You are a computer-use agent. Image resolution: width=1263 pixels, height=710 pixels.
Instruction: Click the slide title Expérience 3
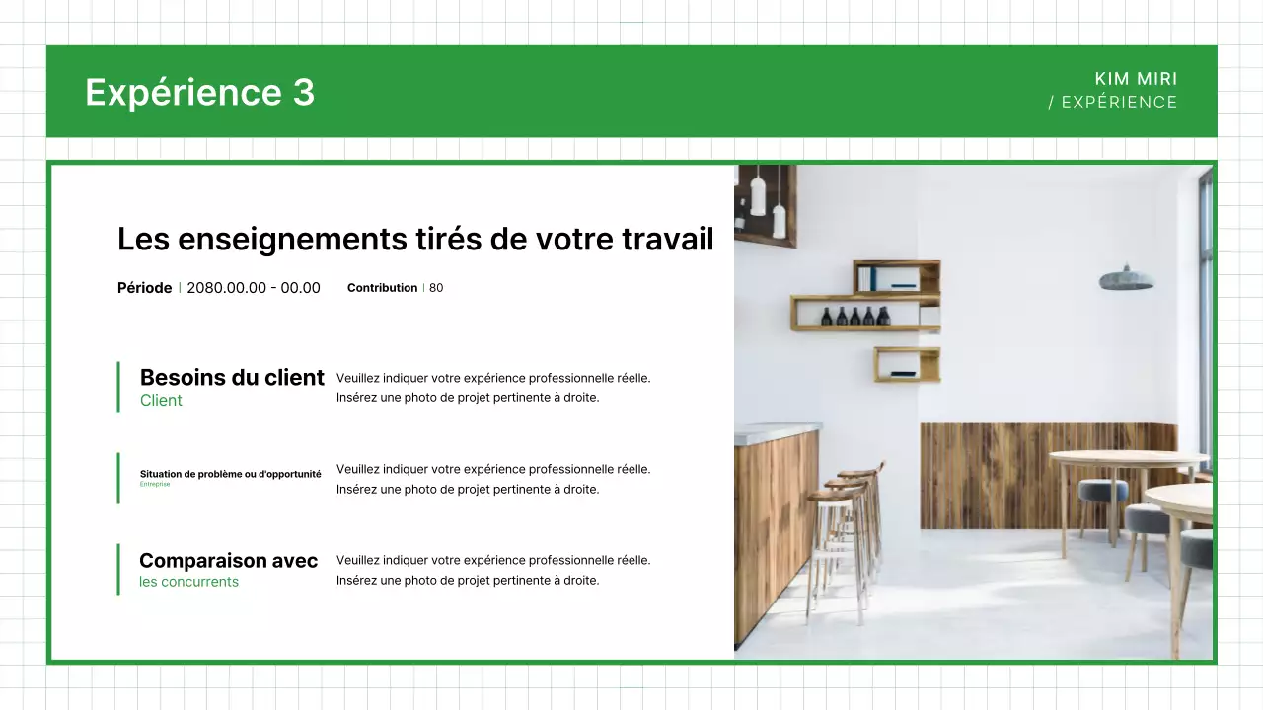coord(199,92)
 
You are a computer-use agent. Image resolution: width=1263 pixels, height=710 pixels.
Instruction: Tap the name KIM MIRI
coord(1136,79)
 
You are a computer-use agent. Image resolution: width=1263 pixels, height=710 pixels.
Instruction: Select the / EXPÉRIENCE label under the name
coord(1112,103)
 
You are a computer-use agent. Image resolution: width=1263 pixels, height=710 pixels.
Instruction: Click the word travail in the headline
coord(667,239)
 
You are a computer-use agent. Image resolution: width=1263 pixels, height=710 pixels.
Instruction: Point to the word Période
coord(144,288)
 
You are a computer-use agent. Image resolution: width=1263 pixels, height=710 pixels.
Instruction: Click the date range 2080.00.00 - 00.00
coord(254,288)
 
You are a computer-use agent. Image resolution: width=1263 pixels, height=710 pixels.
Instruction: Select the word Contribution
coord(382,288)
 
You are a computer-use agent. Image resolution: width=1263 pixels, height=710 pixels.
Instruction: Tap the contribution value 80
coord(436,288)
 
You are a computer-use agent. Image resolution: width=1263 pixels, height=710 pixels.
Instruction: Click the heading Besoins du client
coord(232,378)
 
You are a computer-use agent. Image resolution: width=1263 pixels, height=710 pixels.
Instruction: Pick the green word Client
coord(161,400)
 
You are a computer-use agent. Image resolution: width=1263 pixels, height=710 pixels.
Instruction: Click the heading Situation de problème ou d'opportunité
coord(230,474)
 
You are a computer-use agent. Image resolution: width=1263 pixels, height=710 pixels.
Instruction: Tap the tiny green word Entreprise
coord(155,484)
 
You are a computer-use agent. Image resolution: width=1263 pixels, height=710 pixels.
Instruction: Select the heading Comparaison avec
coord(228,561)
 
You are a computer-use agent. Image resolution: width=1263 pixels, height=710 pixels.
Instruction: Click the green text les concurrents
coord(188,582)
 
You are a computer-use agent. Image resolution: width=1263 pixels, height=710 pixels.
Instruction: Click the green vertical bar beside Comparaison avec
coord(118,569)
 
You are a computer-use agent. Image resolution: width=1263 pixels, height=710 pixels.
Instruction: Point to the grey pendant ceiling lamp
coord(1127,279)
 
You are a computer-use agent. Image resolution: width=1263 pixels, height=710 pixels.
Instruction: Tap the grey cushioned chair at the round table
coord(1101,492)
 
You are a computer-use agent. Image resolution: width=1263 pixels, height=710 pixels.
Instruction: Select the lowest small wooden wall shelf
coord(906,364)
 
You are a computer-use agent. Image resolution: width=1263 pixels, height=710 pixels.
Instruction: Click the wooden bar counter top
coord(778,431)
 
